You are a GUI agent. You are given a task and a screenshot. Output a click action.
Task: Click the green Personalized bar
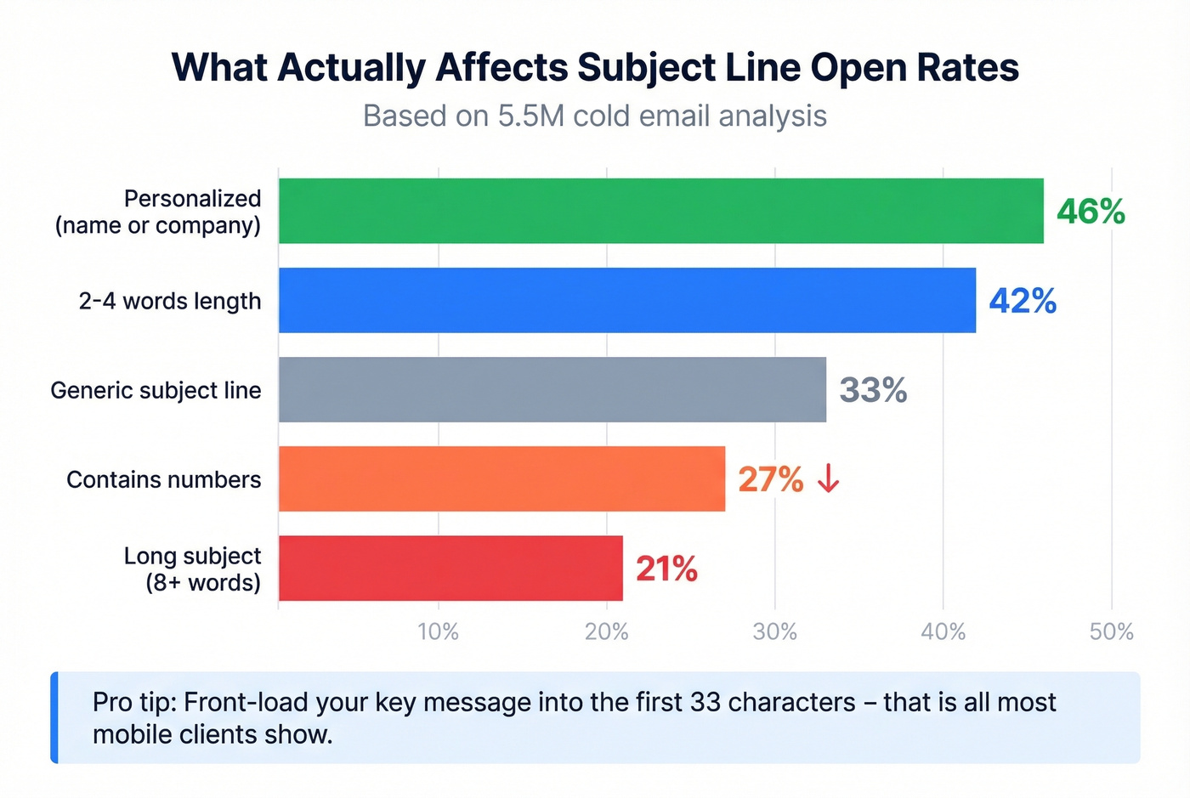(660, 211)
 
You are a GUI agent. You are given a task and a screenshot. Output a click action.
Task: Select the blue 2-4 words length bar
(626, 300)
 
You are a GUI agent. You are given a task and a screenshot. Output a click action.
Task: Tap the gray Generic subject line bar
(552, 389)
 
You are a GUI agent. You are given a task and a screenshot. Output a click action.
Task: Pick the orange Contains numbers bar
(501, 478)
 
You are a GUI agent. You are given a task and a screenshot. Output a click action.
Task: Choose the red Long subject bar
(450, 568)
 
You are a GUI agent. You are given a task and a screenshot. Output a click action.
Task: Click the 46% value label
(1091, 212)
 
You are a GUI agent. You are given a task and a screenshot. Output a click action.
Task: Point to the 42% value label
(1023, 301)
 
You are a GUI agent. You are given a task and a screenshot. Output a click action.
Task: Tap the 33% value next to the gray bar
(873, 390)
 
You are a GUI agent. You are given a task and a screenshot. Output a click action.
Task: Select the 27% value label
(770, 479)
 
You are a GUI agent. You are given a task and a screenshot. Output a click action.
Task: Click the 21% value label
(666, 569)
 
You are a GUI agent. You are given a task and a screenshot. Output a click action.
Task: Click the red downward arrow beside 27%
(828, 479)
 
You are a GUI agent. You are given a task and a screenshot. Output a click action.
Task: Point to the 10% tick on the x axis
(438, 631)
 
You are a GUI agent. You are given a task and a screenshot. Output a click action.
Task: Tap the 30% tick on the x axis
(774, 631)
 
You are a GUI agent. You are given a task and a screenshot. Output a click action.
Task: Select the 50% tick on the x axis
(1111, 631)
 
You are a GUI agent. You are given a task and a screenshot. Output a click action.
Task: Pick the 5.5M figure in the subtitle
(531, 116)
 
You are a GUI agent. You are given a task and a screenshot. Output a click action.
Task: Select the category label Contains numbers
(163, 479)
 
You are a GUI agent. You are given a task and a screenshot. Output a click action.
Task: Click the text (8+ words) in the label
(202, 583)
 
